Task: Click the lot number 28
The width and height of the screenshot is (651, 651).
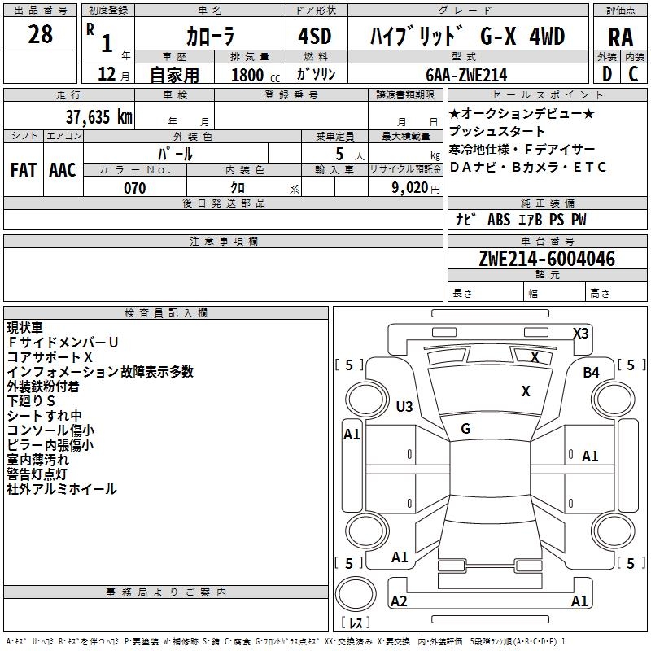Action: point(40,35)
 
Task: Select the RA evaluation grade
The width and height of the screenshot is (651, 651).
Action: point(620,37)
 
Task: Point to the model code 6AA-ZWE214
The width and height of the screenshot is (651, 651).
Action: point(466,74)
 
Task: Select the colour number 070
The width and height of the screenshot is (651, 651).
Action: point(134,188)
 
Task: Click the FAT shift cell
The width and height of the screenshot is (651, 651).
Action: point(23,170)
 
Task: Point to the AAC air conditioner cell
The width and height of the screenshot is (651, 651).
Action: point(63,170)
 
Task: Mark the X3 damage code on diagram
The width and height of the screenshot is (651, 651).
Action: point(580,333)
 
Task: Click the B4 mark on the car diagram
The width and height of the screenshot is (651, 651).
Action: point(591,373)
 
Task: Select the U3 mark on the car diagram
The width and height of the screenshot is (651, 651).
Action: point(404,406)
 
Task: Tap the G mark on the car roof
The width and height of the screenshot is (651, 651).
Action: point(465,428)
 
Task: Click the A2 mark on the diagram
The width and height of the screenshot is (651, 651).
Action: point(399,601)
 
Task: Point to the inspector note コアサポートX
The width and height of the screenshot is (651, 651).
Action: point(50,357)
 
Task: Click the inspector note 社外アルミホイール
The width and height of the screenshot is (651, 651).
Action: point(62,489)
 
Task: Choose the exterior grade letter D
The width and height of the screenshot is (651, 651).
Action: point(606,74)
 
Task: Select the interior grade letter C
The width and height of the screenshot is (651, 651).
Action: point(633,74)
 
